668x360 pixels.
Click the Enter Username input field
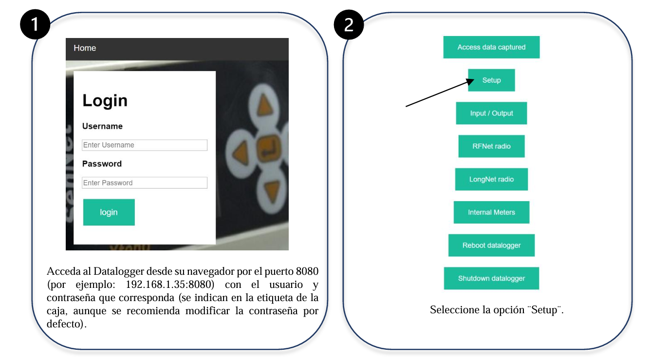click(145, 145)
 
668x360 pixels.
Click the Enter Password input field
click(145, 183)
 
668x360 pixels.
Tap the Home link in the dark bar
click(85, 48)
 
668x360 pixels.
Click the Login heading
click(105, 100)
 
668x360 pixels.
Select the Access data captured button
click(491, 47)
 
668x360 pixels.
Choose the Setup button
click(491, 80)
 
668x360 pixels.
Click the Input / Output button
click(491, 113)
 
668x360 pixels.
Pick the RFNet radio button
click(491, 146)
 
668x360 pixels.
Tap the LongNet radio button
click(491, 179)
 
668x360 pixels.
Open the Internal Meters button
click(491, 212)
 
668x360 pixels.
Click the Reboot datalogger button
click(491, 245)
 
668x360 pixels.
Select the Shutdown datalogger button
click(491, 278)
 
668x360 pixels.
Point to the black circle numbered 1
click(35, 24)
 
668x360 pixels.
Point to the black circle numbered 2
click(349, 24)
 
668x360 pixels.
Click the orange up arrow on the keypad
click(264, 105)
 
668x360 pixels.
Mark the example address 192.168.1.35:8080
click(170, 284)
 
